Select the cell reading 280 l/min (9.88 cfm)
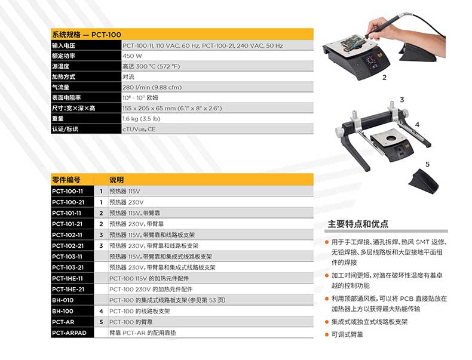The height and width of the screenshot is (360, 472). click(x=152, y=87)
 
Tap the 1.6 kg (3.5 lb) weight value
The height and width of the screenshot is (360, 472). click(x=141, y=118)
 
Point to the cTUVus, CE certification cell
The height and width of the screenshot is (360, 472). click(x=139, y=129)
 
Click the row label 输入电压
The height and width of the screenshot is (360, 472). click(x=63, y=46)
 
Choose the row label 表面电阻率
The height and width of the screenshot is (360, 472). click(x=66, y=98)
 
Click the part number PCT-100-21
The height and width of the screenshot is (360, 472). click(x=68, y=202)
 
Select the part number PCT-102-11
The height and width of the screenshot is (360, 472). click(x=67, y=235)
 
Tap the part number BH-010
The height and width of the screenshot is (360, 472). click(x=63, y=300)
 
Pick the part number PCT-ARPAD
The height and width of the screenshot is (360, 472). click(x=69, y=333)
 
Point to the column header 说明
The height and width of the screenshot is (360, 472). click(x=117, y=180)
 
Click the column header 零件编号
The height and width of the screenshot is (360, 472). click(x=66, y=180)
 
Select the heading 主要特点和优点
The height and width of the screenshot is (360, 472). click(x=358, y=224)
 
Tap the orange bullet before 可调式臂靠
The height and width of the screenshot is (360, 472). click(x=327, y=334)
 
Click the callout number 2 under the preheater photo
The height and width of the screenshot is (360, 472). click(x=384, y=78)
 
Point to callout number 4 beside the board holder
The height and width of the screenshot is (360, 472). click(x=417, y=124)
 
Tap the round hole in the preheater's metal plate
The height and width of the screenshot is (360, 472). click(x=391, y=139)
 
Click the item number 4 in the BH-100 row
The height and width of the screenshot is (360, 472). click(x=101, y=311)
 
